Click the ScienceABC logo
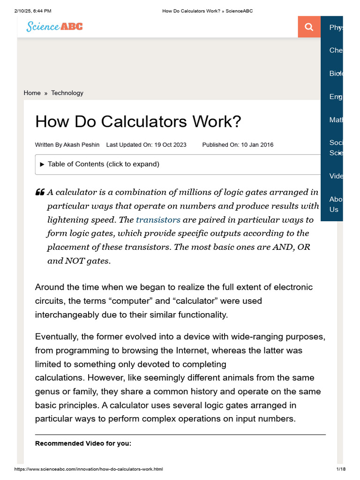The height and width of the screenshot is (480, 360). click(x=54, y=26)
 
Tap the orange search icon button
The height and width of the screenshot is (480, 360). click(x=309, y=27)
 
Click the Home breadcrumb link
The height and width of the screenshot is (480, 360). click(x=32, y=93)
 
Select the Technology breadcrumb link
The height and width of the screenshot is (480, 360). click(x=67, y=93)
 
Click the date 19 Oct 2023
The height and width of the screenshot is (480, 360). click(x=170, y=145)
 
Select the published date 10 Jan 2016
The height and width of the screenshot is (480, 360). click(x=257, y=145)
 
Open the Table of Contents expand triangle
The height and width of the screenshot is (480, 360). click(x=42, y=164)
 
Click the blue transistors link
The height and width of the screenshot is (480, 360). click(x=158, y=219)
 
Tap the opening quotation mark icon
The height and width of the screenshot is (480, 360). click(x=40, y=192)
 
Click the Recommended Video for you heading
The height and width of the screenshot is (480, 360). click(x=83, y=443)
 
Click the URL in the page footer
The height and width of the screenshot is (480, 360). click(x=89, y=469)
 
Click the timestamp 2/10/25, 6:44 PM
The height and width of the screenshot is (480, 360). click(x=33, y=11)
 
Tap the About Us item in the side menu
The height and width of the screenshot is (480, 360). click(x=336, y=204)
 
